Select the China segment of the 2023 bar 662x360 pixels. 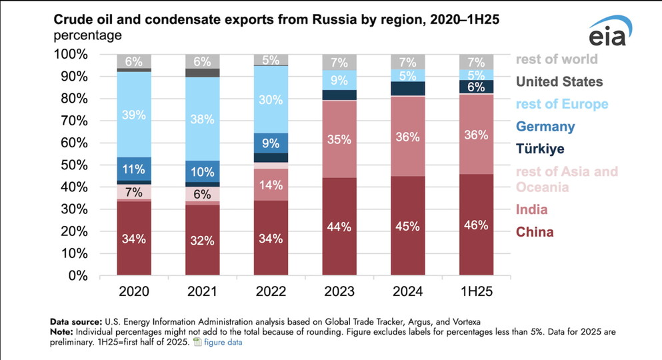pos(339,226)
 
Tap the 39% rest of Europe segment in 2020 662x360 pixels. pos(133,114)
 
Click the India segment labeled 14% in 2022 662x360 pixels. pos(271,185)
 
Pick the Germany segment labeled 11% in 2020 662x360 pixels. pos(133,169)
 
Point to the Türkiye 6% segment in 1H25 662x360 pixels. pos(477,87)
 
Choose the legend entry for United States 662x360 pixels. pos(559,81)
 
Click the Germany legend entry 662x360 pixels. pos(545,126)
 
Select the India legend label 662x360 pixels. pos(531,209)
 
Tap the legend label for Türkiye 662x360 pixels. pos(540,149)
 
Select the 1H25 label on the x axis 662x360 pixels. pos(477,291)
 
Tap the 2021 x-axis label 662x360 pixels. pos(202,291)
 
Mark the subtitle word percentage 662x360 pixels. pos(87,35)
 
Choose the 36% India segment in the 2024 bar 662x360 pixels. pos(408,137)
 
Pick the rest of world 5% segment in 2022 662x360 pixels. pos(271,60)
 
